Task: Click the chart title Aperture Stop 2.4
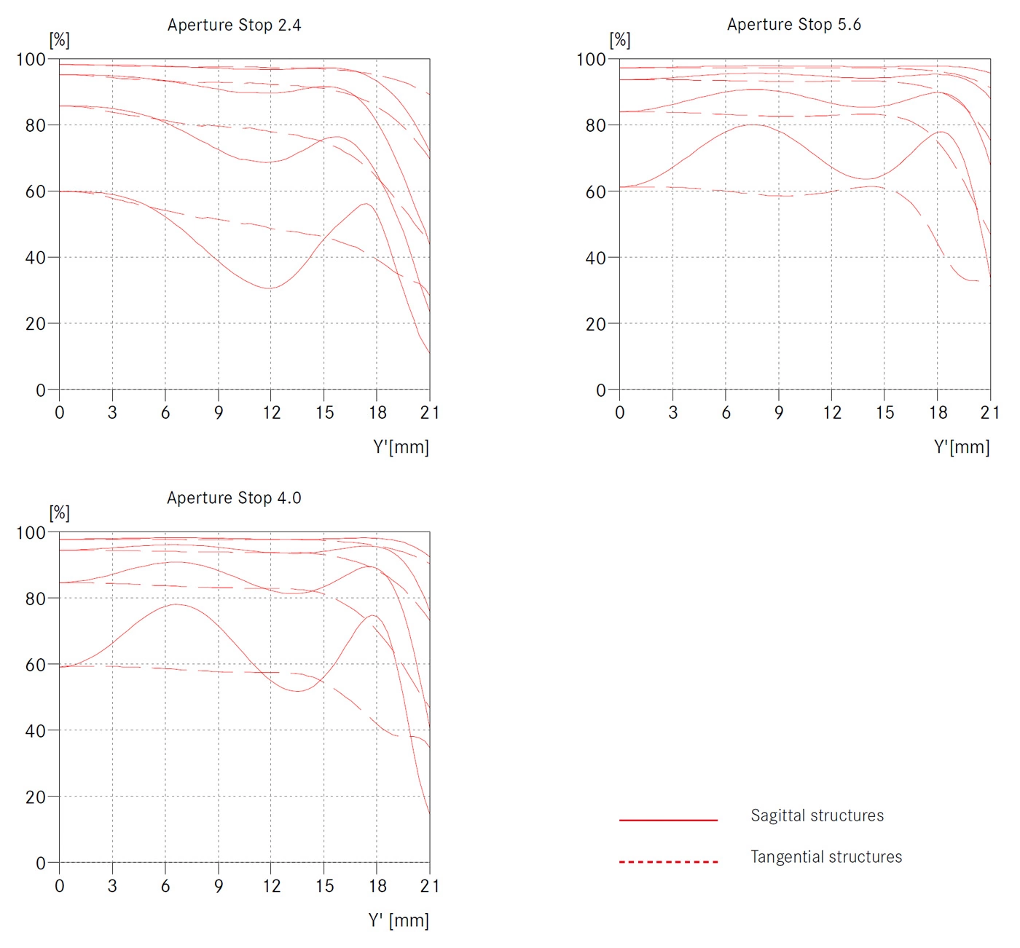click(x=234, y=25)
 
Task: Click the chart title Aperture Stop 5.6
click(x=793, y=25)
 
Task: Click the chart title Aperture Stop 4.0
click(x=234, y=498)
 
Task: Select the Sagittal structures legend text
click(x=817, y=815)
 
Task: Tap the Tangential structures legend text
click(x=826, y=857)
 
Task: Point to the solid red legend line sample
click(x=668, y=820)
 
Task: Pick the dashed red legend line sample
click(x=668, y=862)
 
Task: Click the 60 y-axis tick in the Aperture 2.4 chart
click(x=36, y=191)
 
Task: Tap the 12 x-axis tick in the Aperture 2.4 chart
click(x=271, y=413)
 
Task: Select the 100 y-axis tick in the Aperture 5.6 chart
click(x=591, y=59)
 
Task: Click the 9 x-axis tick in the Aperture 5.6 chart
click(x=779, y=413)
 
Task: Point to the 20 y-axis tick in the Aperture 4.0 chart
click(x=36, y=797)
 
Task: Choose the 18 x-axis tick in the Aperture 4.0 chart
click(x=377, y=886)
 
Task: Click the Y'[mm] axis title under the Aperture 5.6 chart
click(x=962, y=447)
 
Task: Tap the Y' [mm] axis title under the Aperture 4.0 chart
click(x=399, y=920)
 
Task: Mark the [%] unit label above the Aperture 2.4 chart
click(x=59, y=40)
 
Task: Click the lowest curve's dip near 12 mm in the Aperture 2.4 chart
click(x=270, y=288)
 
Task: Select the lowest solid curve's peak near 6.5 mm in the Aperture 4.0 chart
click(x=176, y=604)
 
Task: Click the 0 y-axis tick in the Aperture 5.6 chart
click(x=601, y=390)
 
